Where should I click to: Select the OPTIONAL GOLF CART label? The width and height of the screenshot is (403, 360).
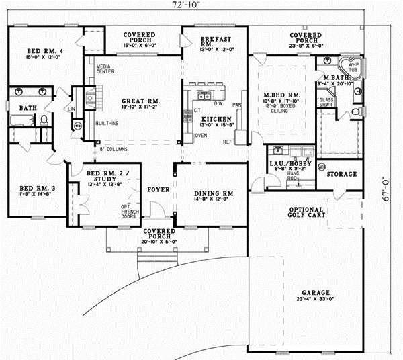tap(308, 214)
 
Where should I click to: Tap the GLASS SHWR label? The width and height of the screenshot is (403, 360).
tap(327, 102)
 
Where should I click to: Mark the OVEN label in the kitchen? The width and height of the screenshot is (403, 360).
tap(201, 135)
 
